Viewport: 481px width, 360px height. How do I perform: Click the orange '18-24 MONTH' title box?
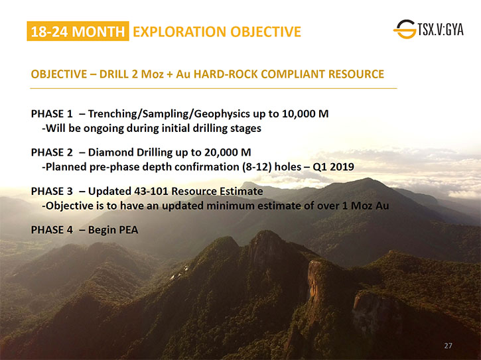point(78,31)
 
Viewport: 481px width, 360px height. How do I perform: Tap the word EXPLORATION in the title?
point(179,32)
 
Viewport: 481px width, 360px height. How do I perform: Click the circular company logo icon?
point(405,29)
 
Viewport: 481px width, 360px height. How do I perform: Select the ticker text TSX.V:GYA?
point(441,29)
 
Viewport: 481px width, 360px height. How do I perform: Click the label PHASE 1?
point(52,114)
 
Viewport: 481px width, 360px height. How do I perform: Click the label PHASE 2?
point(52,152)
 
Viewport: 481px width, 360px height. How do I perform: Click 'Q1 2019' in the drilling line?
point(333,167)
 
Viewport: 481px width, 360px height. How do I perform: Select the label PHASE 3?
point(52,192)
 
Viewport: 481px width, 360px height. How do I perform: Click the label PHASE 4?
point(52,230)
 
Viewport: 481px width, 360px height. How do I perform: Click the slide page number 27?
point(448,345)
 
